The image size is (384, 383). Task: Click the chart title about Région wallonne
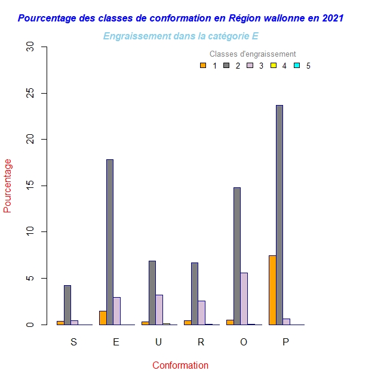click(x=180, y=18)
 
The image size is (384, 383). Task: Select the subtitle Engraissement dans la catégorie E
click(x=180, y=36)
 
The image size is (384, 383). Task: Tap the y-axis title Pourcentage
click(x=8, y=186)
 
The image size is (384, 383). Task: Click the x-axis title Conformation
click(x=180, y=365)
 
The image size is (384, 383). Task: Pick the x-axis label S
click(x=73, y=342)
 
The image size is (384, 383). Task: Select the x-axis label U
click(x=158, y=342)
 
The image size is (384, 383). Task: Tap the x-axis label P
click(x=285, y=342)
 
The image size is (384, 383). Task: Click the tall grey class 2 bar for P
click(x=279, y=215)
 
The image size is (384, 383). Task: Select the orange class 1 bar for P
click(x=272, y=290)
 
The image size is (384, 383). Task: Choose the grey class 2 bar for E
click(x=110, y=242)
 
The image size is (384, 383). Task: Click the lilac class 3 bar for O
click(x=244, y=298)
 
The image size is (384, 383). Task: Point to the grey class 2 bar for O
click(x=237, y=256)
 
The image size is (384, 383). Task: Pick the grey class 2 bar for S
click(x=67, y=305)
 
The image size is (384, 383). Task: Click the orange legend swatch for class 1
click(x=203, y=66)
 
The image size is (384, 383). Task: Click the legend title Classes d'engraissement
click(x=253, y=54)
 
